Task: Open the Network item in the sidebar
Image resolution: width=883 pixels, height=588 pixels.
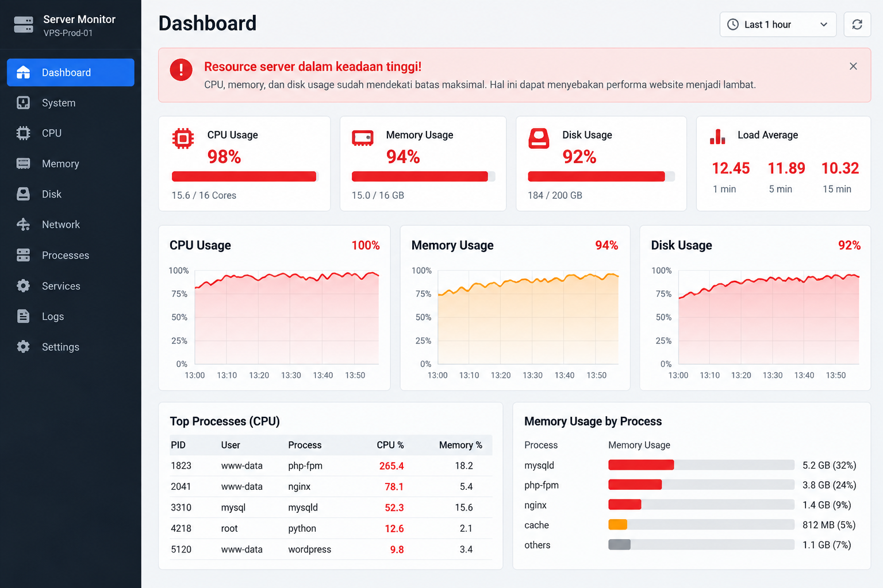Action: pyautogui.click(x=61, y=225)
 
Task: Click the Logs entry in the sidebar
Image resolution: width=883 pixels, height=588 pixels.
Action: pyautogui.click(x=53, y=316)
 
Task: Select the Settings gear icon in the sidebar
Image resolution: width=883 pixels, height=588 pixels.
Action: pyautogui.click(x=23, y=347)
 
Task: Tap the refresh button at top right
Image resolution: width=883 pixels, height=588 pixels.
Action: pyautogui.click(x=857, y=25)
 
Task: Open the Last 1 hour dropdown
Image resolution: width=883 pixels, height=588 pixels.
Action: pyautogui.click(x=778, y=25)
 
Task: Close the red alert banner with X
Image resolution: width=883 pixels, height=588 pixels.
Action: pyautogui.click(x=853, y=66)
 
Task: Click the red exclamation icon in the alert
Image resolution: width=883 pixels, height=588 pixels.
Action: pyautogui.click(x=181, y=69)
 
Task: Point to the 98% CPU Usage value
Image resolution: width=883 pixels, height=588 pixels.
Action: pyautogui.click(x=224, y=157)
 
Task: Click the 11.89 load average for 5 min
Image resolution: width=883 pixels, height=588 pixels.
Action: pyautogui.click(x=786, y=168)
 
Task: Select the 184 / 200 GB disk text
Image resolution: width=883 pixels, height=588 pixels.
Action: pyautogui.click(x=555, y=195)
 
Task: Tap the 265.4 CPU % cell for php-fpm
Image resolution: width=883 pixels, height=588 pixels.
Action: pyautogui.click(x=391, y=466)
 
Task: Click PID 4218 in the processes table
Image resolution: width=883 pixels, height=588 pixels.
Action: pyautogui.click(x=181, y=528)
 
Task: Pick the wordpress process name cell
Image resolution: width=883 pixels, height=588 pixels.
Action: pyautogui.click(x=309, y=550)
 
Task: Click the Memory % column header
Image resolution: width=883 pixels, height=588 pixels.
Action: pyautogui.click(x=460, y=445)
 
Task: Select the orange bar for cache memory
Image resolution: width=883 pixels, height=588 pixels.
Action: pyautogui.click(x=618, y=525)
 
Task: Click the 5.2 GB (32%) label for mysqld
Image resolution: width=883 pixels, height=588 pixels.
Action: pyautogui.click(x=830, y=465)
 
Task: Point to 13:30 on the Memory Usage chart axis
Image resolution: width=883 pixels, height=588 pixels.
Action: pyautogui.click(x=532, y=376)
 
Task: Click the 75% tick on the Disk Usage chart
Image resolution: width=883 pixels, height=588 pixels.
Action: pyautogui.click(x=663, y=294)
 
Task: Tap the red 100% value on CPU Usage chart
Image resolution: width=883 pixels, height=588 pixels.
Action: pyautogui.click(x=366, y=245)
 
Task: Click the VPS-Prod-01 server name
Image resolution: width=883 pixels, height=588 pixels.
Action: pyautogui.click(x=68, y=33)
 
